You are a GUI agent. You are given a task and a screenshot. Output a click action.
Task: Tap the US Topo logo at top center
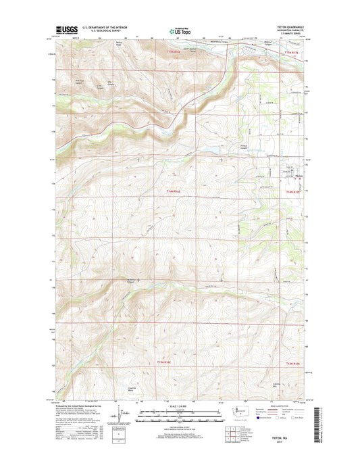click(x=179, y=30)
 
